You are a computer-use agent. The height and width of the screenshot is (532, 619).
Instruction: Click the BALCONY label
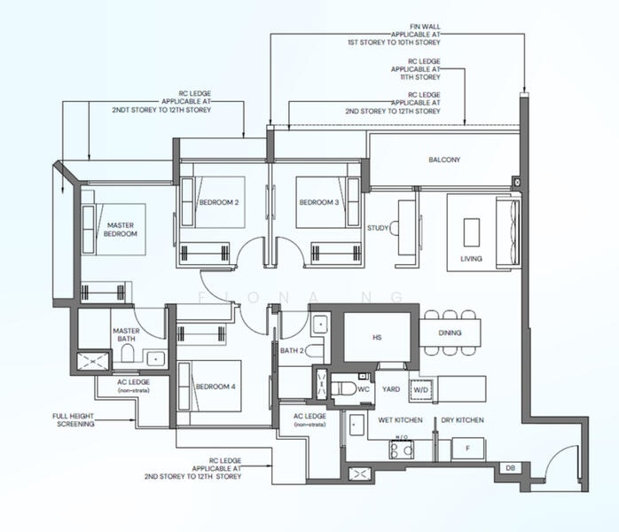coord(444,160)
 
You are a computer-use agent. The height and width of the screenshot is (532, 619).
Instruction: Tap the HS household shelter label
coord(377,338)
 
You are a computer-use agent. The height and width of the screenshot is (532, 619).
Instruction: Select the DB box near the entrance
coord(510,468)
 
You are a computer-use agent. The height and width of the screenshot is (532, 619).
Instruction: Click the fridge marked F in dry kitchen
coord(468,449)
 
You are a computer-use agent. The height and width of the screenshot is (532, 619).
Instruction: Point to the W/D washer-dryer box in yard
coord(421,390)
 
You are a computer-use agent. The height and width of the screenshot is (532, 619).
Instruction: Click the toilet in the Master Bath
coord(127,353)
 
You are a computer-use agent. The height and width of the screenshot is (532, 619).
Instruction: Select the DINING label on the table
coord(450,332)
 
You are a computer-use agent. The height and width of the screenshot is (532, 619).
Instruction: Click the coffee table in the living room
coord(472,232)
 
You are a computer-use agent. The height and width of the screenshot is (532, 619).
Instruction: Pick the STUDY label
coord(378,228)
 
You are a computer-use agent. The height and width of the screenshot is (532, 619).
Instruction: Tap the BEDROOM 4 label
coord(215,387)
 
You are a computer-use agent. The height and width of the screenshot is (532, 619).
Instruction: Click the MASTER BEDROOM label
coord(121,230)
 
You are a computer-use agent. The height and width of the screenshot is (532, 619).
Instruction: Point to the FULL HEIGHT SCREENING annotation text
coord(74,420)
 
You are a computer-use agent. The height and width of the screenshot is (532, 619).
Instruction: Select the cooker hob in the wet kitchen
coord(401,450)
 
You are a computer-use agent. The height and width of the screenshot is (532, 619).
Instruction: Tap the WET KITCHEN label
coord(400,420)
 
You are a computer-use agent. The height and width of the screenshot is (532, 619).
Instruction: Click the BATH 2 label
coord(292,350)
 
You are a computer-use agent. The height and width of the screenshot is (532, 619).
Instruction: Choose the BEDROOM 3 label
coord(319,202)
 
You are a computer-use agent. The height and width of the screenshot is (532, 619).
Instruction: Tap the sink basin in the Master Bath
coord(156,359)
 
